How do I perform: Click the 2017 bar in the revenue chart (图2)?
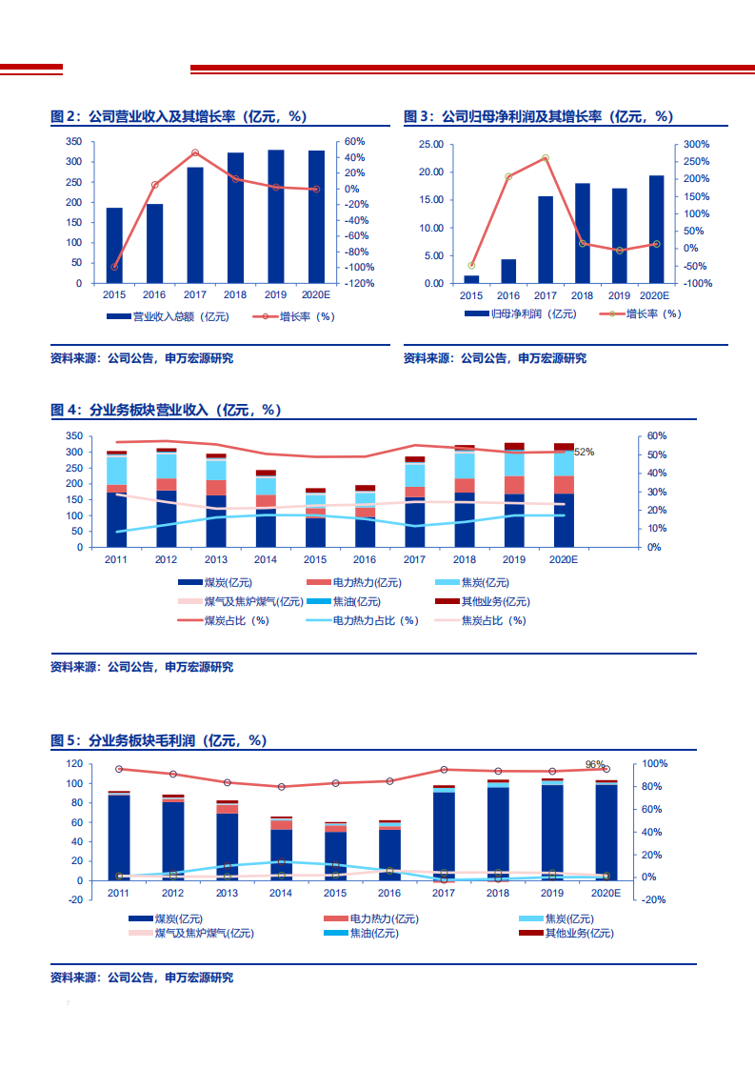195,225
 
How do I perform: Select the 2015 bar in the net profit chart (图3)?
471,279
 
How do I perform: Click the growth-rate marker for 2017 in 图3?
546,158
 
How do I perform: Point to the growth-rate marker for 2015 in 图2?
114,267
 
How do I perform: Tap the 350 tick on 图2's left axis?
73,141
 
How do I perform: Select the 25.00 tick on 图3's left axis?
430,144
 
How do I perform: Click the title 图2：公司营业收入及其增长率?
179,116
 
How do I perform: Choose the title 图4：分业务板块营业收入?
166,410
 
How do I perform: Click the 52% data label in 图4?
583,452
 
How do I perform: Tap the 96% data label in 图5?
595,764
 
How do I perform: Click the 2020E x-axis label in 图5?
606,893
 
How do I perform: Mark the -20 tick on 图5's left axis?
73,899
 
